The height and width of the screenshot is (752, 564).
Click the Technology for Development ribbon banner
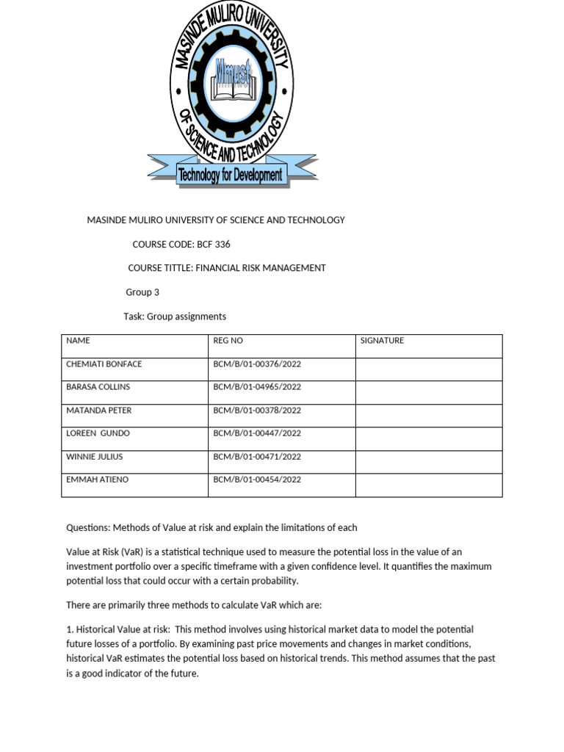click(x=231, y=175)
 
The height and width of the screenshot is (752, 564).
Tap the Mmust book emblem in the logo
click(x=232, y=73)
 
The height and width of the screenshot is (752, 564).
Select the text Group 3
click(x=142, y=292)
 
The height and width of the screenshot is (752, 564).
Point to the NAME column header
click(x=78, y=341)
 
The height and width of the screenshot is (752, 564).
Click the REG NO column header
click(x=228, y=341)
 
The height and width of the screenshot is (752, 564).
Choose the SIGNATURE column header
click(x=382, y=341)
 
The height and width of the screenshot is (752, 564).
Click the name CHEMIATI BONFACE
click(x=104, y=364)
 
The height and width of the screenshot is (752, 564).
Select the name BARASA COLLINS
click(x=98, y=387)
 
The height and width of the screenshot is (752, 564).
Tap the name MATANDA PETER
click(x=98, y=411)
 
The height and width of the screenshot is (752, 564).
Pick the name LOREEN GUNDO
click(x=97, y=433)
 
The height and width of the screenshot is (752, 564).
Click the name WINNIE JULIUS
click(x=95, y=457)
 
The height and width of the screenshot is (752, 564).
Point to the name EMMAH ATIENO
click(x=96, y=480)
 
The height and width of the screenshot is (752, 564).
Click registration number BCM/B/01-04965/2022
click(x=257, y=387)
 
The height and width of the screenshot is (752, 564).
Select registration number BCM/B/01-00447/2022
click(x=257, y=433)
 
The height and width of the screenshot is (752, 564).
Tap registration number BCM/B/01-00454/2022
click(x=257, y=480)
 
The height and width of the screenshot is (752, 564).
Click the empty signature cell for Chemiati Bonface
click(x=429, y=369)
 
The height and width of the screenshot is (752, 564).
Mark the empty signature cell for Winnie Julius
click(x=429, y=462)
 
